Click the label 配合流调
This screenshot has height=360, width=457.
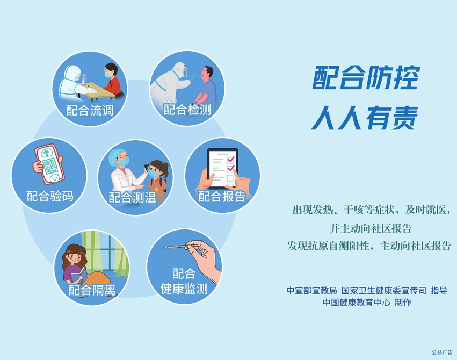pyautogui.click(x=90, y=111)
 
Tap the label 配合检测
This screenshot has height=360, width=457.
pyautogui.click(x=187, y=110)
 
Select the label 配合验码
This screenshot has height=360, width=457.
pyautogui.click(x=50, y=196)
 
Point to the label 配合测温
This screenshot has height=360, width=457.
pyautogui.click(x=132, y=197)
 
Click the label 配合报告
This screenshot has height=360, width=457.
pyautogui.click(x=222, y=196)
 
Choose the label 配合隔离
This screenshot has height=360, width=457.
pyautogui.click(x=92, y=290)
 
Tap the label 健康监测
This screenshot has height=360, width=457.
pyautogui.click(x=184, y=289)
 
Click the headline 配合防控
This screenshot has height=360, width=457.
pyautogui.click(x=366, y=77)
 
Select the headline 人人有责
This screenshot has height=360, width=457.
pyautogui.click(x=365, y=118)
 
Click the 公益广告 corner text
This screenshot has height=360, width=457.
pyautogui.click(x=442, y=352)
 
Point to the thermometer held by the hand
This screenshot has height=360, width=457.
pyautogui.click(x=178, y=247)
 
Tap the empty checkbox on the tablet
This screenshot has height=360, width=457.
pyautogui.click(x=230, y=177)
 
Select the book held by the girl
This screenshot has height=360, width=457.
pyautogui.click(x=79, y=275)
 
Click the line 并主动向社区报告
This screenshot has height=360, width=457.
pyautogui.click(x=371, y=228)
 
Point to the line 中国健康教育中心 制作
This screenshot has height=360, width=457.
pyautogui.click(x=367, y=303)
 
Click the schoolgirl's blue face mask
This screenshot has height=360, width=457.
pyautogui.click(x=153, y=174)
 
